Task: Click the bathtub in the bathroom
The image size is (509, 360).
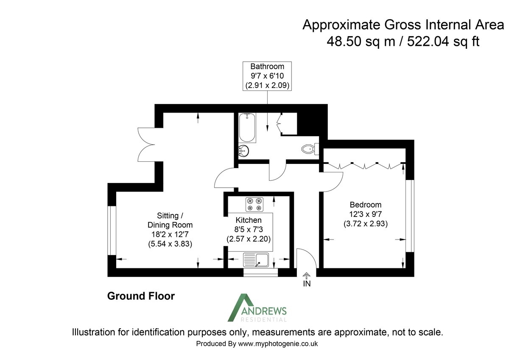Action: tap(247, 128)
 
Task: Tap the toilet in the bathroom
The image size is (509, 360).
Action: tap(309, 149)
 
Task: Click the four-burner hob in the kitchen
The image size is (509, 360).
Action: tap(255, 205)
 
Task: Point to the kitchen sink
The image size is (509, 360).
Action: tap(256, 259)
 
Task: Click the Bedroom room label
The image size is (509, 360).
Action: tap(365, 204)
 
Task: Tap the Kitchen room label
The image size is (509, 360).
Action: tap(249, 220)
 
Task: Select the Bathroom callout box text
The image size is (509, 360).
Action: tap(267, 76)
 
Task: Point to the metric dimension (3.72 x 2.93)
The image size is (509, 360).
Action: tap(365, 223)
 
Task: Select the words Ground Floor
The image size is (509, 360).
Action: tap(141, 296)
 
